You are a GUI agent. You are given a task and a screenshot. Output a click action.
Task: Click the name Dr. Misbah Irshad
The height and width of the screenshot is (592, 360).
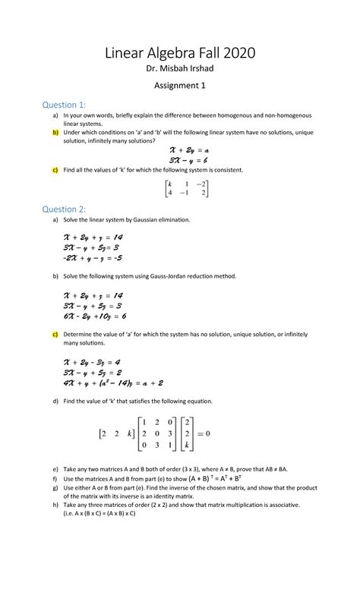[x=180, y=71]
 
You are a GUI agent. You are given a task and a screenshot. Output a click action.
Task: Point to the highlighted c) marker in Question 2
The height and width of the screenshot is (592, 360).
[x=55, y=333]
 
